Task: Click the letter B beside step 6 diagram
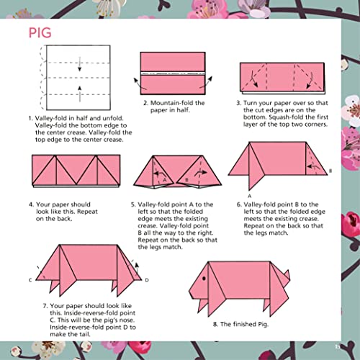coord(330,171)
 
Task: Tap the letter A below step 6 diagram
coord(248,195)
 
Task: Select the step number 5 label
coord(133,204)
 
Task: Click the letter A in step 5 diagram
coord(164,179)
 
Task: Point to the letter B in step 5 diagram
coord(186,179)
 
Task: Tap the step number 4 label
coord(30,204)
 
